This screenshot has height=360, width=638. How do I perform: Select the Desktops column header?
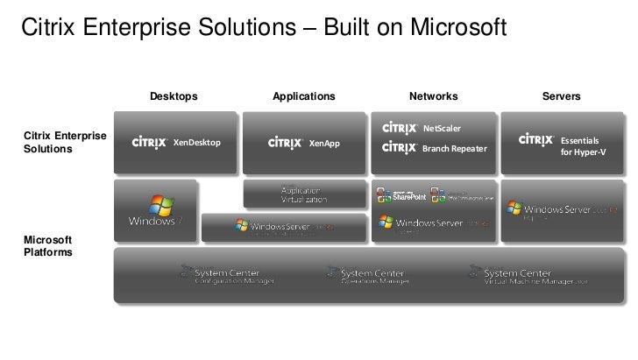(174, 95)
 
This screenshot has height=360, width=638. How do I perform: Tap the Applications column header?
(304, 95)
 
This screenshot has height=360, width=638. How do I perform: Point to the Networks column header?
(433, 95)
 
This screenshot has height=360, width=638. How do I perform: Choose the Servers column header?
(562, 95)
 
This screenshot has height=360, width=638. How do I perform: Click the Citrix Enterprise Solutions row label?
(64, 142)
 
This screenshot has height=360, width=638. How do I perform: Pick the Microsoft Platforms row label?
(47, 245)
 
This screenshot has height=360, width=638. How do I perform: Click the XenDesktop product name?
(197, 142)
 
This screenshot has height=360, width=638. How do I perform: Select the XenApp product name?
(324, 143)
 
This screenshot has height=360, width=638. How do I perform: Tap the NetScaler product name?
(442, 129)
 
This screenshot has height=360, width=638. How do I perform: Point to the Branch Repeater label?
(454, 149)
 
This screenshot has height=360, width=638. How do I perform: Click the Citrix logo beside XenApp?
(286, 142)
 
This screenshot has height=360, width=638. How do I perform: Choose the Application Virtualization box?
(304, 194)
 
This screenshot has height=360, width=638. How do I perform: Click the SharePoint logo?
(395, 195)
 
